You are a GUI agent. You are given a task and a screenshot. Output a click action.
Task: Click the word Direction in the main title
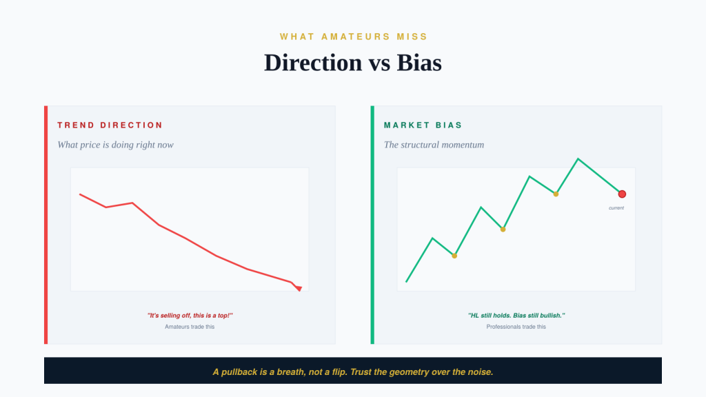point(313,63)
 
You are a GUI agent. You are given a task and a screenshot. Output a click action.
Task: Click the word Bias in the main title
point(418,63)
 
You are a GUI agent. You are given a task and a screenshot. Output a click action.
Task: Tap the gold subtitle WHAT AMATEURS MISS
point(354,37)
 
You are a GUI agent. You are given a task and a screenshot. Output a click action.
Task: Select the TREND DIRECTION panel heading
point(110,125)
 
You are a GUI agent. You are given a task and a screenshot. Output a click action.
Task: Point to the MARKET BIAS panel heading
point(423,125)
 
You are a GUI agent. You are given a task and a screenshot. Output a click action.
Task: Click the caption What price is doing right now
point(115,145)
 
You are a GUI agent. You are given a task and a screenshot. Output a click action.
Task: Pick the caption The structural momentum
point(434,145)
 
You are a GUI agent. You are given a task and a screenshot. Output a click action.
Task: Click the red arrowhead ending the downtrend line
point(299,288)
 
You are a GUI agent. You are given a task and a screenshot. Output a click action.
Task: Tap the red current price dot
point(622,194)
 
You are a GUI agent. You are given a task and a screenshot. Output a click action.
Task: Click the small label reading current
point(616,208)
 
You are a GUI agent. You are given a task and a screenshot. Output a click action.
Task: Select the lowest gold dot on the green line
point(454,256)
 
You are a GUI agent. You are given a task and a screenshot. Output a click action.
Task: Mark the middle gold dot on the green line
point(503,230)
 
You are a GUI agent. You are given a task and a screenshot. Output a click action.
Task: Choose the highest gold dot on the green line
point(556,194)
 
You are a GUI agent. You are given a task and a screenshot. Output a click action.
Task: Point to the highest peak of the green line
point(578,159)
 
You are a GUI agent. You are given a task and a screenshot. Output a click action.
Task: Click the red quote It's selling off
point(190,316)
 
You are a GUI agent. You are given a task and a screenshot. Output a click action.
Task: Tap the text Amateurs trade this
point(190,327)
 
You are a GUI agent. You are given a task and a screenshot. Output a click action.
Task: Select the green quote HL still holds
point(516,316)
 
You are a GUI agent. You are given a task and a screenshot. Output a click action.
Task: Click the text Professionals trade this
point(516,327)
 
